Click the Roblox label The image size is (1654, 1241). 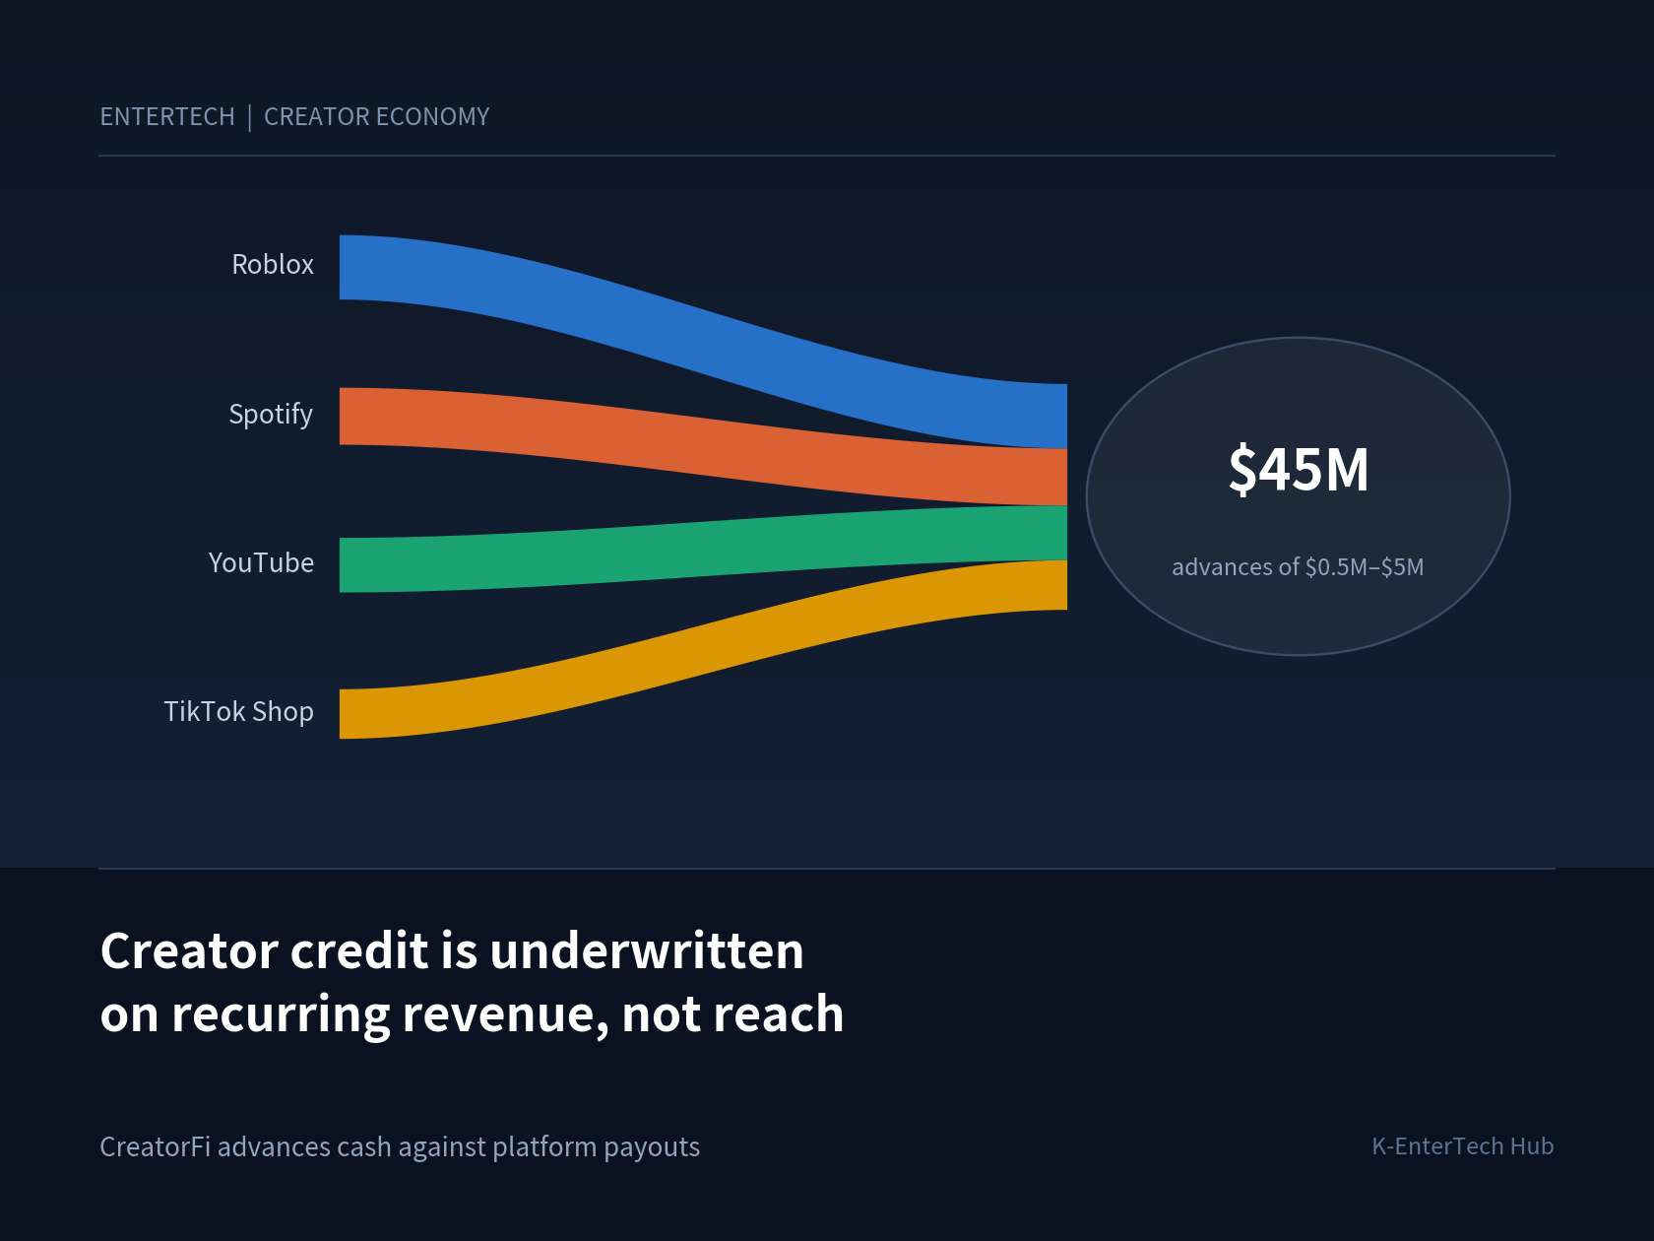(272, 265)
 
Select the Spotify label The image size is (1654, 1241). (271, 415)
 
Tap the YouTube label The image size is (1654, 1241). (261, 562)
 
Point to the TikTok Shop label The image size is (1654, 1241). (239, 712)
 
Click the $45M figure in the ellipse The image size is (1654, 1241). (1299, 470)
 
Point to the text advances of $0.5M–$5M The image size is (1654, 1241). (1298, 566)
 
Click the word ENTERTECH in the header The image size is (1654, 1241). (167, 117)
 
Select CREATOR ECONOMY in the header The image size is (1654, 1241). (377, 117)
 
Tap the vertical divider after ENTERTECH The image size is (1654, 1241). (249, 117)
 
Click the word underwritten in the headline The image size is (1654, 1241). (647, 950)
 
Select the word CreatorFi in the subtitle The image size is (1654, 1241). (156, 1146)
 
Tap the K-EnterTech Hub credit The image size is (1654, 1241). (1463, 1146)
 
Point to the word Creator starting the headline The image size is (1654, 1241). (189, 950)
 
